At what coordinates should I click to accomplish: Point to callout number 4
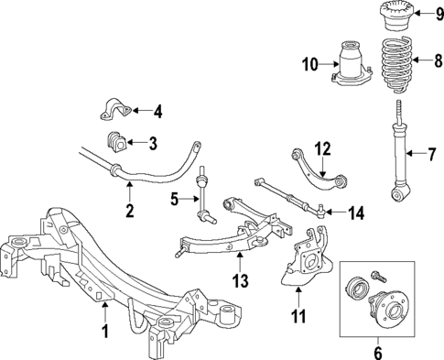[x=157, y=113]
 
